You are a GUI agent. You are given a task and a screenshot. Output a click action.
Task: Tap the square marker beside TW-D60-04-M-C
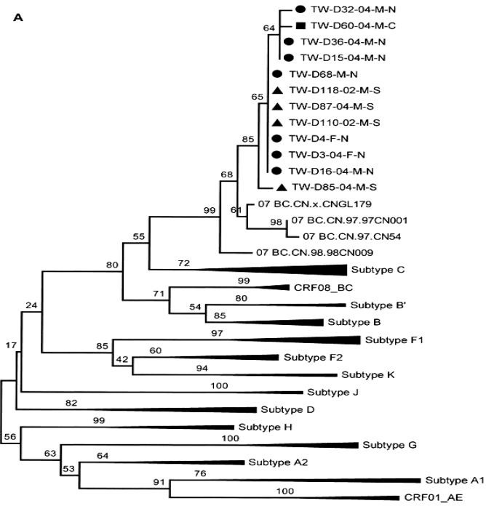coord(299,25)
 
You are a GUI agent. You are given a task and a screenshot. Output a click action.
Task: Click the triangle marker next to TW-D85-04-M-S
coord(281,187)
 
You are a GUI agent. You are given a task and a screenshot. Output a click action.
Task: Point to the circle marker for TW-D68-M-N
coord(276,73)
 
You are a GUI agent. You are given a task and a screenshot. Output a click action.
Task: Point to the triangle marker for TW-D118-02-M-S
coord(276,89)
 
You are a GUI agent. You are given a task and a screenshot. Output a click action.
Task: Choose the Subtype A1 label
coord(453,480)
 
